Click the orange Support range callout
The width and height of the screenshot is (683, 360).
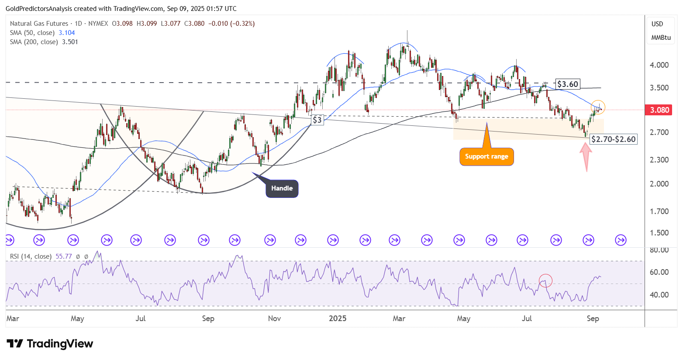(486, 156)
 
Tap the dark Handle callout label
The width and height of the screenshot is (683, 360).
(282, 188)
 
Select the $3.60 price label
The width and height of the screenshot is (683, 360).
(567, 84)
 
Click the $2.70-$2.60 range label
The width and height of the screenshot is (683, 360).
(613, 139)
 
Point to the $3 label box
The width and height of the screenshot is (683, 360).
(317, 120)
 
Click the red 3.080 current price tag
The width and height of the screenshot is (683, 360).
(659, 110)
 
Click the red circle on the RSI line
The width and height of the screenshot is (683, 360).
(546, 280)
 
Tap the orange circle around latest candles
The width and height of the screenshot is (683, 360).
(598, 107)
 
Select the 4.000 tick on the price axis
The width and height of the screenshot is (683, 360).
(659, 65)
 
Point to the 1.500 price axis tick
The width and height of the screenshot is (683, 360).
(659, 233)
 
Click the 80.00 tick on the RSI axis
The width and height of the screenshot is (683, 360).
(659, 250)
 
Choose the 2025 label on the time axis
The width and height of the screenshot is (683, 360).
(338, 318)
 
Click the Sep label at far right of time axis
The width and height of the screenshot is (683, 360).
(593, 318)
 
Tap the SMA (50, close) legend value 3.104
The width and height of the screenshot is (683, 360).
(67, 33)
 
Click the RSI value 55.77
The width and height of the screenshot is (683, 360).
(64, 256)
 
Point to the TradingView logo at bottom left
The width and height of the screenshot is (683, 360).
(50, 344)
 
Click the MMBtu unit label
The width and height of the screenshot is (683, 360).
(661, 38)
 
